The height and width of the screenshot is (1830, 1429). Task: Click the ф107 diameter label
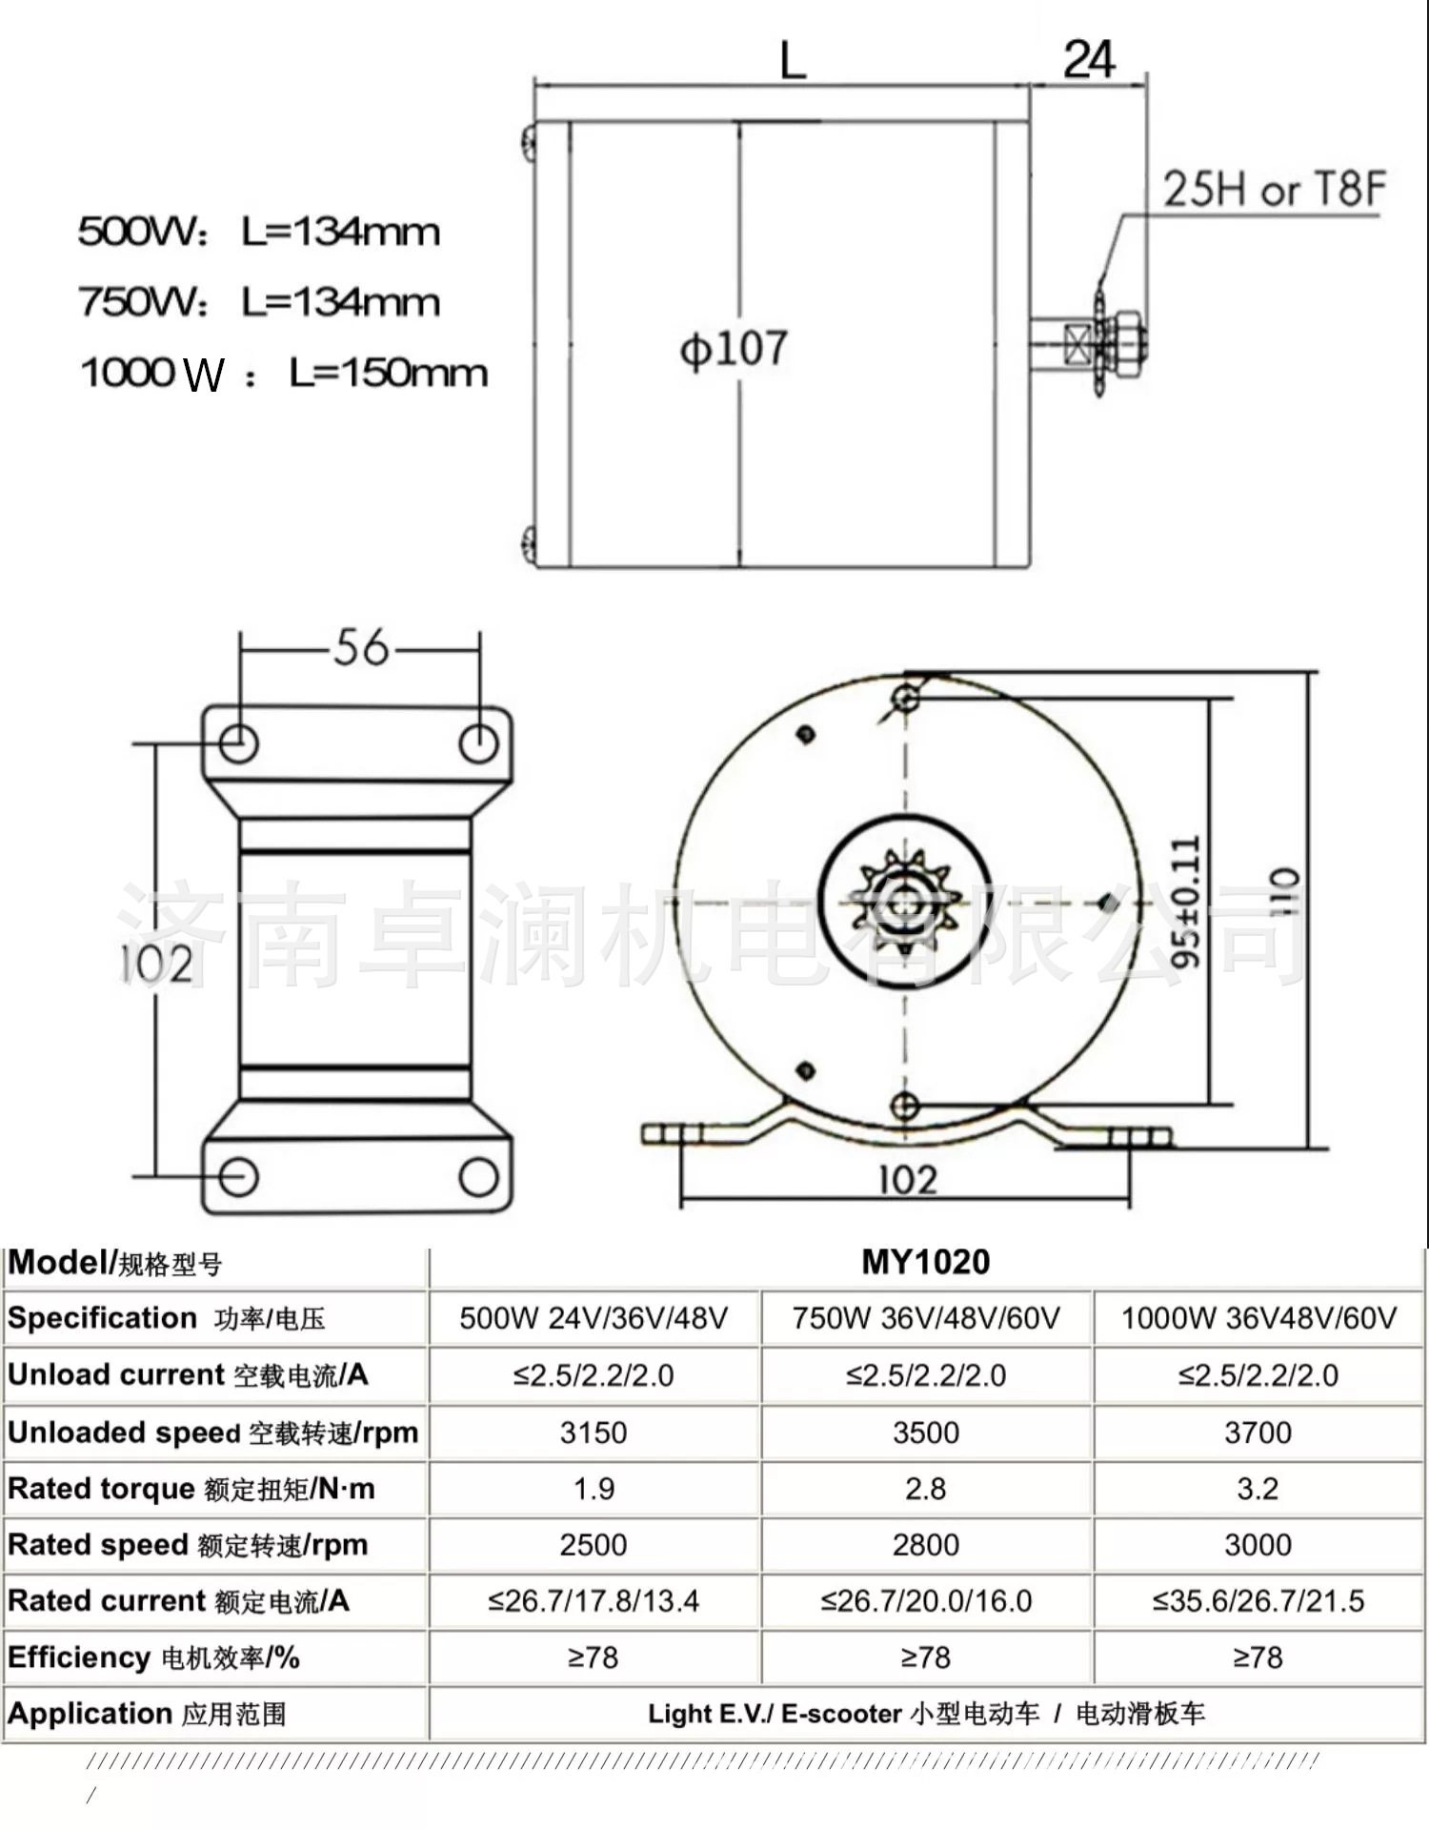734,348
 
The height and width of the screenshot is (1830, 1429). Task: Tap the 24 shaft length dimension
1089,59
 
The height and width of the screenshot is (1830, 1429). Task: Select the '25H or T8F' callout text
1274,189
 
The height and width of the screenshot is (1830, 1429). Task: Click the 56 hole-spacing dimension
361,647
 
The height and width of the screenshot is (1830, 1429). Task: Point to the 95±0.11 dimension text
1186,902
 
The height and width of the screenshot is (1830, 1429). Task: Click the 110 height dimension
1284,890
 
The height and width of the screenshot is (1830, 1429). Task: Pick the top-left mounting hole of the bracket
238,742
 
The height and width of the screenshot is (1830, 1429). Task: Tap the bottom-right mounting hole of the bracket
478,1177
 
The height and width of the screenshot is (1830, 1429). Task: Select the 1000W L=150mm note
284,373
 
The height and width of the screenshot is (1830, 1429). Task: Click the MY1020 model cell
926,1262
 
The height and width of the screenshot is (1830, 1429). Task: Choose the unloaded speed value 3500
926,1432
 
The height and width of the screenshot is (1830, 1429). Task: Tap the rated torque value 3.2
1258,1488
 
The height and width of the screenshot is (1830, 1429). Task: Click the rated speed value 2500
594,1544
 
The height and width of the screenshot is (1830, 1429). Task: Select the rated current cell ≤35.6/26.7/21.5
1258,1600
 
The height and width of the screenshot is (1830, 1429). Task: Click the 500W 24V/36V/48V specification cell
594,1318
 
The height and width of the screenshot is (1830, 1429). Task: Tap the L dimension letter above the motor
793,61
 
